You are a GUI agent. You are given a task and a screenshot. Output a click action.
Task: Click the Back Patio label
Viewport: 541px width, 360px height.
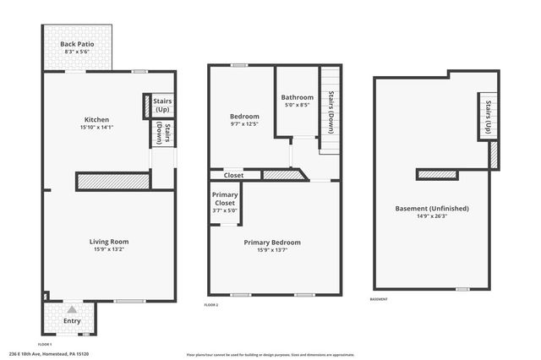point(76,45)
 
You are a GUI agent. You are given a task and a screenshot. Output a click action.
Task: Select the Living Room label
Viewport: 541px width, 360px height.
point(109,242)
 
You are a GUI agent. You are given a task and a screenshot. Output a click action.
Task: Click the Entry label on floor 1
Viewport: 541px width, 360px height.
point(72,321)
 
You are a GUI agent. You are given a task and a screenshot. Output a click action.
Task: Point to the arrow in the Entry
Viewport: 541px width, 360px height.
point(72,310)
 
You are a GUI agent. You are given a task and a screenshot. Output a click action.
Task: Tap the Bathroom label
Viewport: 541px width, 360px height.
point(298,97)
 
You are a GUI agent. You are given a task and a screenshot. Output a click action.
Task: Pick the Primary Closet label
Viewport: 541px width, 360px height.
point(225,199)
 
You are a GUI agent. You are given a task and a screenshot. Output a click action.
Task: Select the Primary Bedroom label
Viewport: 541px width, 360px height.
point(272,243)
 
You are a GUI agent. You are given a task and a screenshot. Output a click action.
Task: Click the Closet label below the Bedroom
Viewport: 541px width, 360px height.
point(234,175)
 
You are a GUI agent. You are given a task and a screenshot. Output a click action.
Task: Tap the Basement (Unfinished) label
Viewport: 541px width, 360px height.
point(432,208)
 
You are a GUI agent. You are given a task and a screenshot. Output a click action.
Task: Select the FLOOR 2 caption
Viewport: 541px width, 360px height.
point(211,304)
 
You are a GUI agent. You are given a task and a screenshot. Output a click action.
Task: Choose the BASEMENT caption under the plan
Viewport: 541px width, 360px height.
point(380,299)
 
